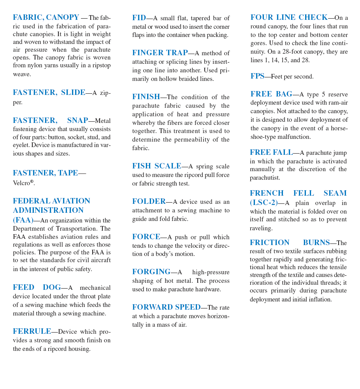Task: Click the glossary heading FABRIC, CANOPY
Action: coord(46,18)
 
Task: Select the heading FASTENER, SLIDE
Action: coord(49,93)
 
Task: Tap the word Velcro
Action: coord(21,183)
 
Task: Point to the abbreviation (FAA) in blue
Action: coord(23,220)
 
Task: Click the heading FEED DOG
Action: coord(37,287)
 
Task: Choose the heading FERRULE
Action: coord(32,331)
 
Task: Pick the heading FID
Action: coord(139,18)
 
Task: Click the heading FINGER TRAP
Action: coord(160,53)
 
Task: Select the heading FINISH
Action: coord(146,97)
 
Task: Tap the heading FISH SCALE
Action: coord(156,166)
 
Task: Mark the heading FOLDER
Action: coord(149,202)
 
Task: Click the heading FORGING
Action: coord(151,272)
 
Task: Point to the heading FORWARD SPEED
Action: coord(166,307)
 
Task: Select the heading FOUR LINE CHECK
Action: coord(289,18)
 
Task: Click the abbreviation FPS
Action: coord(257,76)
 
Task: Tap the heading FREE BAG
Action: coord(271,94)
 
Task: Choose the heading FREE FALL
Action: coord(271,152)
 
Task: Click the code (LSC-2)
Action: coord(264,203)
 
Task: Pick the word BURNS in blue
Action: coord(316,243)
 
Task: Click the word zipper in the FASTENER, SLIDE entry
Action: coord(18,102)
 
